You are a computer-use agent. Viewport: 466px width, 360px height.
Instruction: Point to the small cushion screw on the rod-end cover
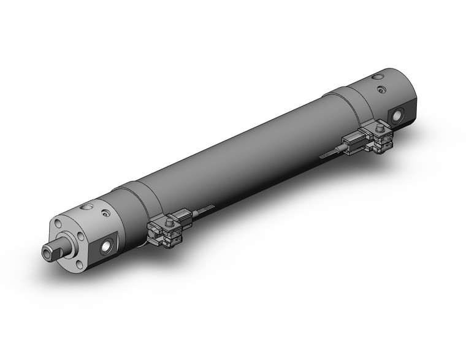click(x=108, y=214)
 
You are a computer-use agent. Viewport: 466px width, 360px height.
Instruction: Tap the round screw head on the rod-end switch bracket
click(x=167, y=218)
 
